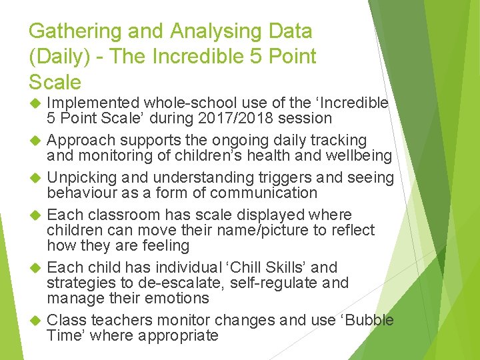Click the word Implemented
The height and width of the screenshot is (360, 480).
click(x=93, y=103)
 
